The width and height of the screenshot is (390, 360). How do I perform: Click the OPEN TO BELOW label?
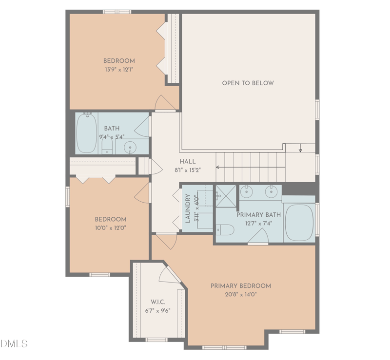(x=248, y=83)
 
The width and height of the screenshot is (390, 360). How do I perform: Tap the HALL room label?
(x=188, y=162)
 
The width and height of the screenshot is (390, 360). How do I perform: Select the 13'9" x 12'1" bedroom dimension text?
(x=119, y=70)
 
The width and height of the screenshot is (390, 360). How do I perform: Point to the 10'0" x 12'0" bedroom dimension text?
(x=110, y=227)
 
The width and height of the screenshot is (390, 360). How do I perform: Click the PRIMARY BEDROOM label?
(x=240, y=286)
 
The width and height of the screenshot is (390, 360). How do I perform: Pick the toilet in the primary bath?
(x=225, y=228)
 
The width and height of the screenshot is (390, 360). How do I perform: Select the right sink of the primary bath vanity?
(x=271, y=192)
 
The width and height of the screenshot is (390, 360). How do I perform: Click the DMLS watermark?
(x=14, y=344)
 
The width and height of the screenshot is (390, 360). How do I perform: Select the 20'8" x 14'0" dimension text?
(x=240, y=294)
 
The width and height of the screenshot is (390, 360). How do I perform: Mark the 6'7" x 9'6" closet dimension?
(x=157, y=310)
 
